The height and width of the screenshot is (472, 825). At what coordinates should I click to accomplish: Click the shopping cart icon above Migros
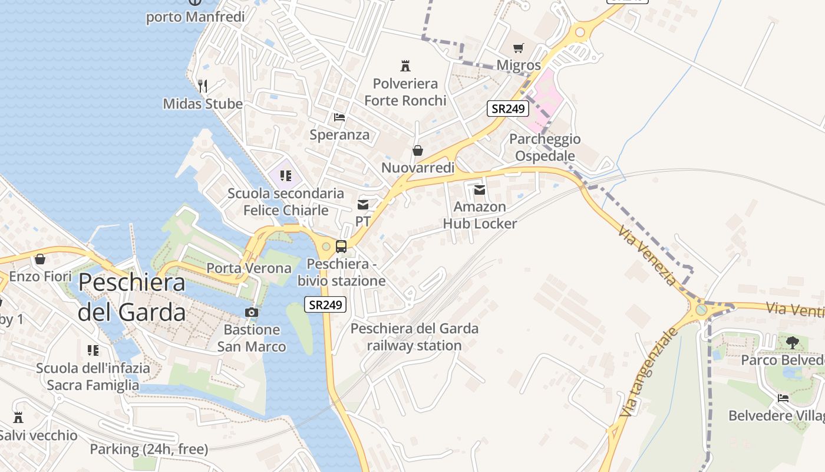(518, 48)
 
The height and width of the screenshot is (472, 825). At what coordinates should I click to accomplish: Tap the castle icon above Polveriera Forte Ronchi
(405, 65)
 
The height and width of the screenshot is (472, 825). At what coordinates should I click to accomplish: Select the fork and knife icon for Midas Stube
(203, 86)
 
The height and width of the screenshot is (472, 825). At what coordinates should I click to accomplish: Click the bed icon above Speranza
(339, 117)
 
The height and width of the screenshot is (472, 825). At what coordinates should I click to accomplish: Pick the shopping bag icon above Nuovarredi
(418, 150)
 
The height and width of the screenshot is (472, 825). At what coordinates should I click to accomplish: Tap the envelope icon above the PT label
(363, 205)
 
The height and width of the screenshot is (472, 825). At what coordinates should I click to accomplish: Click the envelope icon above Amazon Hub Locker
(480, 189)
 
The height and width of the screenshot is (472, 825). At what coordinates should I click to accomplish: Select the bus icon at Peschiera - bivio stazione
(341, 247)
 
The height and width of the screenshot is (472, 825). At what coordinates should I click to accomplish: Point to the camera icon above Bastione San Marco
(252, 312)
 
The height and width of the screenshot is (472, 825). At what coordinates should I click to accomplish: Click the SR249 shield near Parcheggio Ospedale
(507, 108)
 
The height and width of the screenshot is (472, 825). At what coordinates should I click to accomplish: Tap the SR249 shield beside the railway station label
(325, 304)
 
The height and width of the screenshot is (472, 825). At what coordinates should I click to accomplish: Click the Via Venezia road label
(648, 255)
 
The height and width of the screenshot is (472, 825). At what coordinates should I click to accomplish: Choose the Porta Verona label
(249, 268)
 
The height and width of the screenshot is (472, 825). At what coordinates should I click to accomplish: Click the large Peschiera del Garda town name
(131, 297)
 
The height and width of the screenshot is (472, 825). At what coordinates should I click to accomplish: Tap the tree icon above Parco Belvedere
(793, 342)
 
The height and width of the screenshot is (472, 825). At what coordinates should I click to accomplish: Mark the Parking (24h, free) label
(148, 449)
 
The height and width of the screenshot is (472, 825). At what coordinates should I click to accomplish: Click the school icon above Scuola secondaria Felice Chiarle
(286, 175)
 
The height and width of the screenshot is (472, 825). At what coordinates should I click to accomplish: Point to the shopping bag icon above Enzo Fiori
(40, 259)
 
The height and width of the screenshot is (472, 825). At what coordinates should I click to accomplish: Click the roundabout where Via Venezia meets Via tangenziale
(701, 309)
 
